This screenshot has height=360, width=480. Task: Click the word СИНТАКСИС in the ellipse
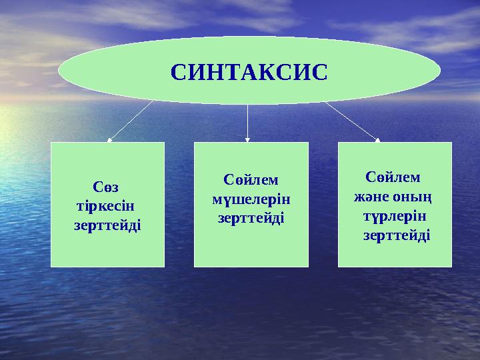click(249, 71)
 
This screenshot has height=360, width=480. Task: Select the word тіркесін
click(107, 206)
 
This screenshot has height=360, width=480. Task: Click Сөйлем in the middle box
click(251, 180)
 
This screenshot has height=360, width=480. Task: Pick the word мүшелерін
click(251, 198)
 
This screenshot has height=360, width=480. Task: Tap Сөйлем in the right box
click(393, 177)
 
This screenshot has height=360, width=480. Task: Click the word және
click(370, 197)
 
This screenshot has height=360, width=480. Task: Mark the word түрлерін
click(395, 217)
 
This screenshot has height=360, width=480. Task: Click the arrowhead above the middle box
click(247, 139)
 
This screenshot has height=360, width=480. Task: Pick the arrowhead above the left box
click(109, 139)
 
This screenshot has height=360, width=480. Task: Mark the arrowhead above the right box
click(377, 139)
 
